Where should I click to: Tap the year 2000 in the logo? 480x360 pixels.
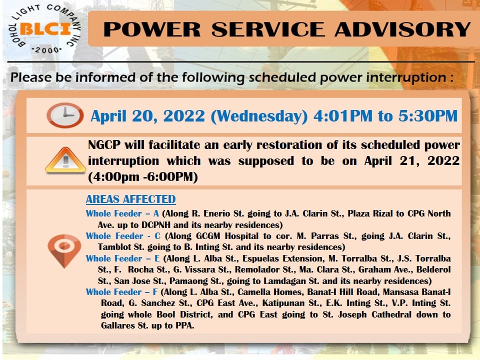pyautogui.click(x=47, y=49)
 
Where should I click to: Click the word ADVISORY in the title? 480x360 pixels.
pyautogui.click(x=402, y=29)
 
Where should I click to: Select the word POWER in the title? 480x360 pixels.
pyautogui.click(x=152, y=29)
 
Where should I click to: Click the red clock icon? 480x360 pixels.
pyautogui.click(x=65, y=115)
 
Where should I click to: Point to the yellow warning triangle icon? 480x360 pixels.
pyautogui.click(x=65, y=160)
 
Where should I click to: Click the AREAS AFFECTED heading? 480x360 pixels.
pyautogui.click(x=130, y=199)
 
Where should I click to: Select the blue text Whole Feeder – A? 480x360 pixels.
pyautogui.click(x=122, y=213)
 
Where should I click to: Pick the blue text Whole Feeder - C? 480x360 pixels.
pyautogui.click(x=123, y=236)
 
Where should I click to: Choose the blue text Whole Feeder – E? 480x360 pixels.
pyautogui.click(x=123, y=258)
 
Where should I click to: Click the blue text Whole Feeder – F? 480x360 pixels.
pyautogui.click(x=122, y=292)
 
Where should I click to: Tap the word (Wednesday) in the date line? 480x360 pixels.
pyautogui.click(x=259, y=116)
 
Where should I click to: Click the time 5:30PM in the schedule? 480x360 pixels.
pyautogui.click(x=428, y=116)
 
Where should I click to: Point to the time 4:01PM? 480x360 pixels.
pyautogui.click(x=343, y=116)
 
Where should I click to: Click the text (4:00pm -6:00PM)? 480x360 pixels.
pyautogui.click(x=143, y=177)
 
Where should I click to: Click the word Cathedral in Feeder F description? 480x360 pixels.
pyautogui.click(x=391, y=314)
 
